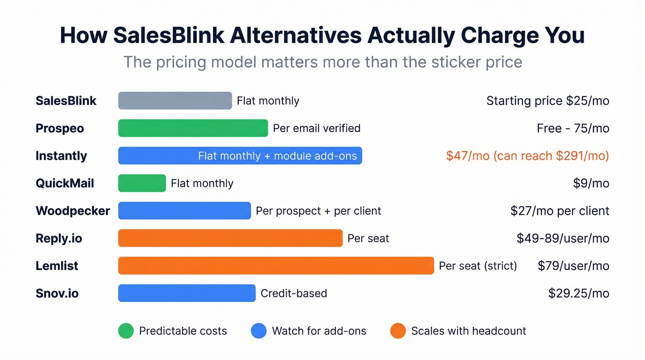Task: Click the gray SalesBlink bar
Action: (x=175, y=100)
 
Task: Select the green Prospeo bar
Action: (x=193, y=128)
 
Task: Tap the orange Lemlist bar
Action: (x=276, y=266)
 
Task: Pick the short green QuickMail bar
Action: (x=142, y=183)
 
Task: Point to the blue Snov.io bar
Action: (x=187, y=293)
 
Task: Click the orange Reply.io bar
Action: (x=230, y=238)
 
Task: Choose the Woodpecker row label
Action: (x=73, y=211)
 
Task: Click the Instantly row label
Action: (x=61, y=156)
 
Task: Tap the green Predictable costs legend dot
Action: (x=126, y=331)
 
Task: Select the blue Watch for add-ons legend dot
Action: (x=259, y=331)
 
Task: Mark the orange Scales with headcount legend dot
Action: (x=398, y=331)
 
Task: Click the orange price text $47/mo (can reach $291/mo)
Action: (x=528, y=156)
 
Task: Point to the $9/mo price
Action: (x=591, y=183)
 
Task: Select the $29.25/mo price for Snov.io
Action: (x=579, y=293)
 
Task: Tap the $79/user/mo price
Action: (x=574, y=266)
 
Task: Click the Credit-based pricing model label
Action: (x=294, y=293)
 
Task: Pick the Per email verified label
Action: (x=317, y=128)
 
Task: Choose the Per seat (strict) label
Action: (x=478, y=266)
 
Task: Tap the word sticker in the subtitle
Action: (x=454, y=62)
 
